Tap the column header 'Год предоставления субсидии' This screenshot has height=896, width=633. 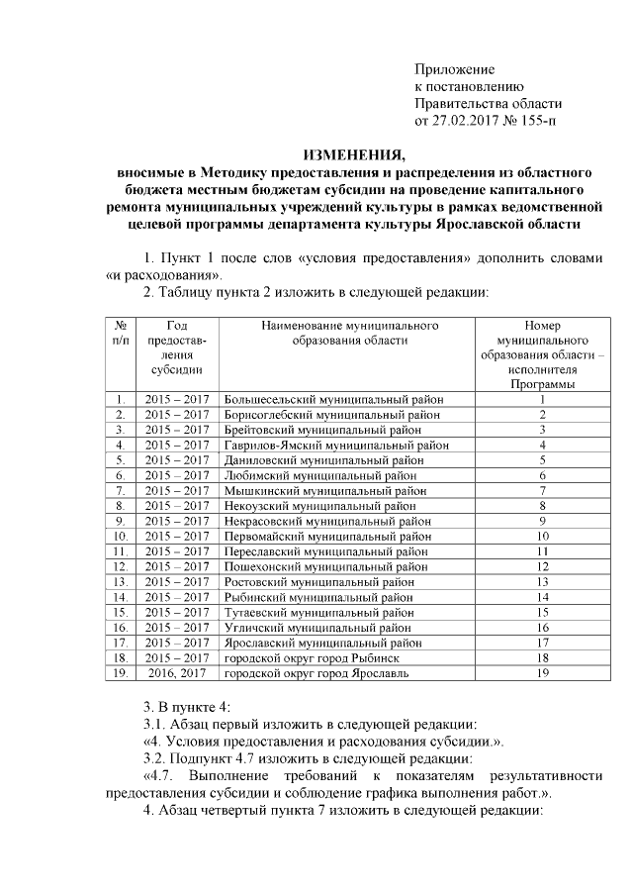178,347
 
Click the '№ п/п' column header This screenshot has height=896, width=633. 120,332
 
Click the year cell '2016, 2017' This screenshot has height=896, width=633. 178,673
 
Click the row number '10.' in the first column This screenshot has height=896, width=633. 120,536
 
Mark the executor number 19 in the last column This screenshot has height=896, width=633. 542,673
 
